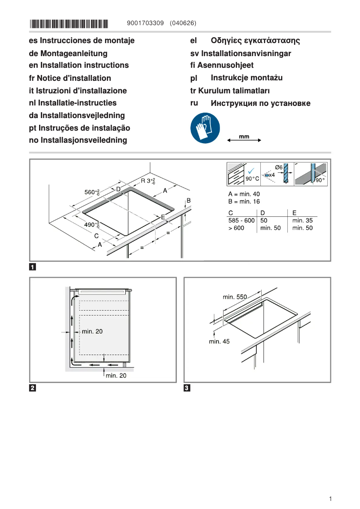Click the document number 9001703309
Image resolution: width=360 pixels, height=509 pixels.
[145, 23]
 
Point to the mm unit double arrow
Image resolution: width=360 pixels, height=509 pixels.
[244, 140]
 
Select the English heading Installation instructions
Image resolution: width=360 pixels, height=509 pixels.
[79, 65]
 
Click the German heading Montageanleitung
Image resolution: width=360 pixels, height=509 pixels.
[68, 53]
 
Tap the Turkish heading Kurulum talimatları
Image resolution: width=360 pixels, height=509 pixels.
[230, 91]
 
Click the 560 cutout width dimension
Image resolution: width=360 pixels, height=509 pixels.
[92, 192]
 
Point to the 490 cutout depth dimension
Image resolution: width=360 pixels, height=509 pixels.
[92, 224]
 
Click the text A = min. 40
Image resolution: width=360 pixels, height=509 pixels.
[244, 194]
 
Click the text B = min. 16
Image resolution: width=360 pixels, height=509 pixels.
[244, 202]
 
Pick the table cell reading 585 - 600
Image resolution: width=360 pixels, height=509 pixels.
[241, 220]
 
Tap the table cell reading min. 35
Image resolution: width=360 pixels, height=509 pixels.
[303, 220]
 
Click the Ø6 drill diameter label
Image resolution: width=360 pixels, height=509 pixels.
[279, 167]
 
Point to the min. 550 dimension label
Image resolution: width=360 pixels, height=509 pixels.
[235, 297]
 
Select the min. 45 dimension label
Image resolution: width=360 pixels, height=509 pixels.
[219, 342]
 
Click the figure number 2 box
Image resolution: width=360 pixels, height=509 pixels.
[33, 388]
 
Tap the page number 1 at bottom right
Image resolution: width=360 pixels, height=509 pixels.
[330, 499]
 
